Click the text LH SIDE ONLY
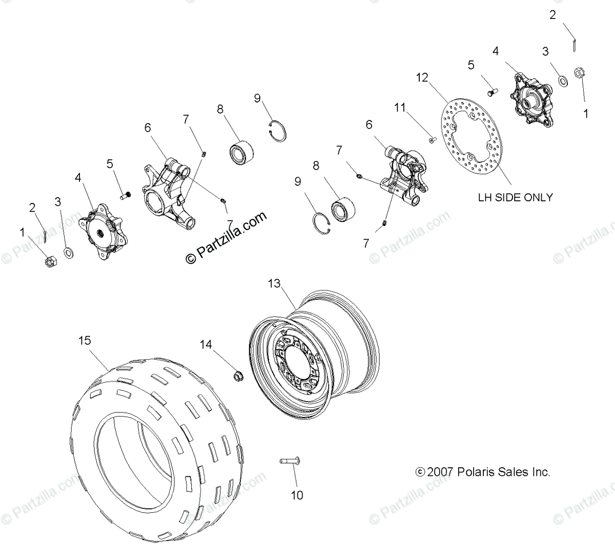(x=515, y=197)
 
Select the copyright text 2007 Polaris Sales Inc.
(x=483, y=472)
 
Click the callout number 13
(x=275, y=283)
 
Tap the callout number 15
(x=85, y=340)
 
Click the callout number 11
(x=400, y=107)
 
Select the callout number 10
(x=297, y=495)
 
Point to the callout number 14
(x=206, y=345)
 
